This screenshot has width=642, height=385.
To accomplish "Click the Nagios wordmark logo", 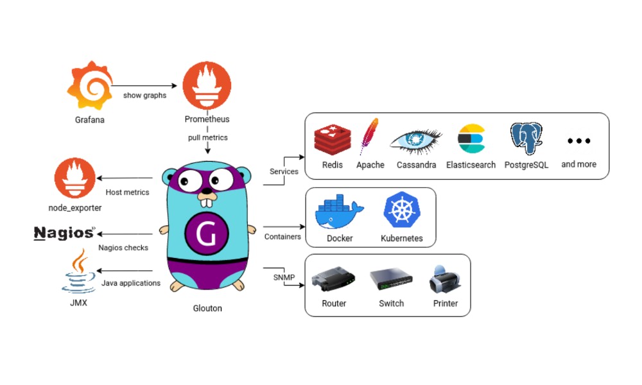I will [65, 233].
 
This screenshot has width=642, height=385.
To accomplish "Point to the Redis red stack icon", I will [332, 139].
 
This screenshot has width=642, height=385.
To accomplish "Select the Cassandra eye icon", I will [415, 140].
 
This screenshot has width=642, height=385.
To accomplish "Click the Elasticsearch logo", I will [471, 139].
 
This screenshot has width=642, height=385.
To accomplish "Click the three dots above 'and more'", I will [578, 141].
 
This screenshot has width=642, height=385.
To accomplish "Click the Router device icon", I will [333, 280].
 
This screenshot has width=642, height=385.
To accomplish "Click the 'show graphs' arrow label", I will [144, 96].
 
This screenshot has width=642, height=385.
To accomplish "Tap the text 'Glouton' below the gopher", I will [207, 308].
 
